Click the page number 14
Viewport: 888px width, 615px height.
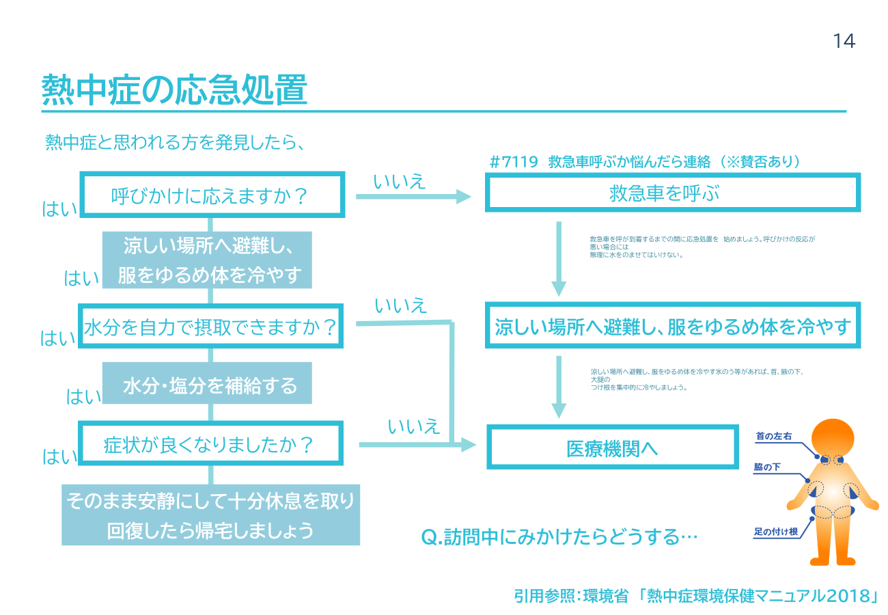[844, 42]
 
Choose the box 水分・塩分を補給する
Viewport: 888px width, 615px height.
[208, 386]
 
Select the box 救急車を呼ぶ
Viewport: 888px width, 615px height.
[672, 193]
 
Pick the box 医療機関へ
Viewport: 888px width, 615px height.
[612, 448]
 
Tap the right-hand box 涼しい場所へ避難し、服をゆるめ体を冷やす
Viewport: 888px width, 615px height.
[672, 327]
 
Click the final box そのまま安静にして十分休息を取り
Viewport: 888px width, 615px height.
[210, 502]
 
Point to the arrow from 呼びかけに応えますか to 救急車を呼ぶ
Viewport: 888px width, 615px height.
[413, 197]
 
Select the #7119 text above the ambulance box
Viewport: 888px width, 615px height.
[514, 162]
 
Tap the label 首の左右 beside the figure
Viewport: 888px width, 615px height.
[773, 435]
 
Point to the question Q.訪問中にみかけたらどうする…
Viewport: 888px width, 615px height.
[559, 536]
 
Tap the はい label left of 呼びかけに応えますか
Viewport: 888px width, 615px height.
[60, 209]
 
